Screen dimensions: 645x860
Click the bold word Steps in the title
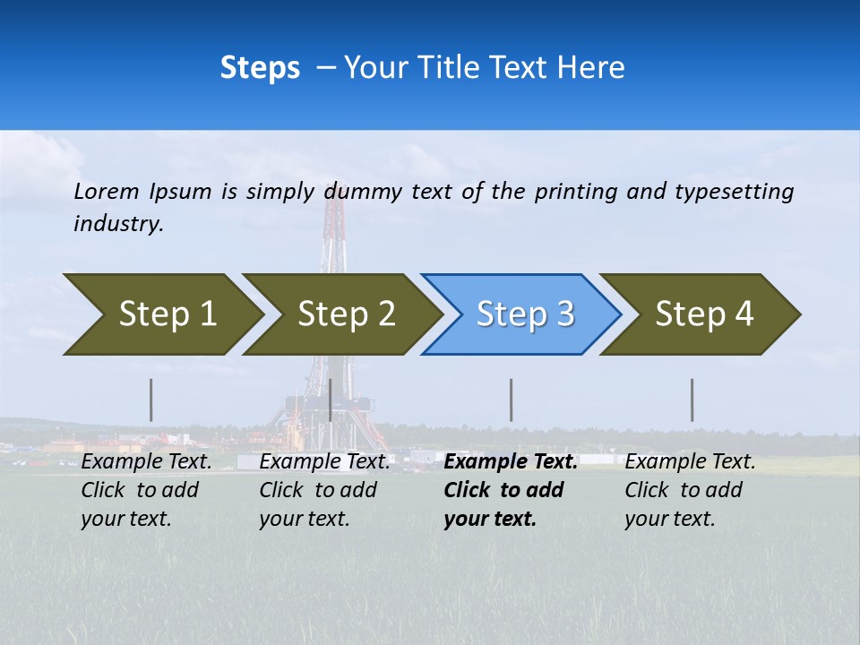(260, 68)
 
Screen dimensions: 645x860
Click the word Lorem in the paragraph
(107, 191)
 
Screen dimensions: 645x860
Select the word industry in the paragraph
(117, 224)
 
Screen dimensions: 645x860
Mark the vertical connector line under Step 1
(150, 400)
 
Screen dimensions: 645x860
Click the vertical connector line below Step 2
(331, 400)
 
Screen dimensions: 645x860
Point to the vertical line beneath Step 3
(511, 400)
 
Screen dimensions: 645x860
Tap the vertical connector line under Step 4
(692, 400)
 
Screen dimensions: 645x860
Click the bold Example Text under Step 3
(511, 462)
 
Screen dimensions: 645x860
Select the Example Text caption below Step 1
(146, 462)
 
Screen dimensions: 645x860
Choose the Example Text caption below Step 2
(324, 462)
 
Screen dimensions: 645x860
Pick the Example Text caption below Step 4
(690, 462)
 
